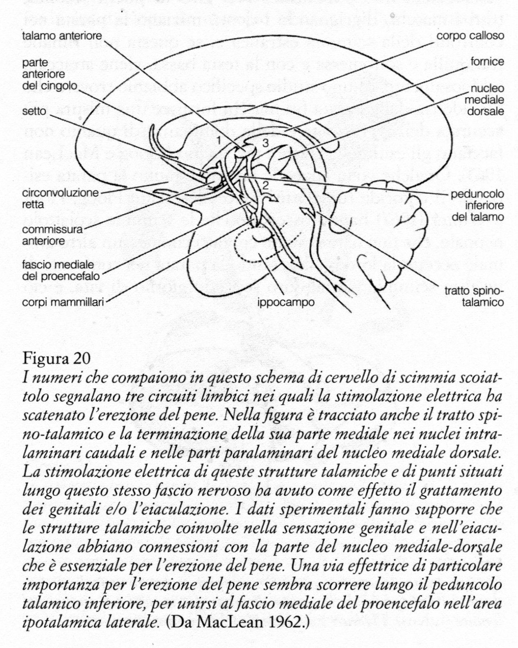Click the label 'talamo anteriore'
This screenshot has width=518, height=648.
tap(61, 36)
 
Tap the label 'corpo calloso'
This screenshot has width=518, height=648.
tap(470, 36)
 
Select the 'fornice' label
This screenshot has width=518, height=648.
tap(487, 62)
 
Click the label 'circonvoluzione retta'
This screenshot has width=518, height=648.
tap(60, 198)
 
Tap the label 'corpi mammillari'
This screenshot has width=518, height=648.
tap(63, 302)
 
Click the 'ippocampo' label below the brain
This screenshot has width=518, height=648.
tap(285, 302)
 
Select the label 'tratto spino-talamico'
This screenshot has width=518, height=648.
tap(474, 297)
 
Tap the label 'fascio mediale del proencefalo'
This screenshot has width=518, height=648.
tap(60, 270)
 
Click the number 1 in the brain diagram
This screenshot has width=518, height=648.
tap(219, 140)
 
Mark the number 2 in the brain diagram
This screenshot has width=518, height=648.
tap(266, 185)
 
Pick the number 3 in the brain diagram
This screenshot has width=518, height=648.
tap(265, 143)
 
